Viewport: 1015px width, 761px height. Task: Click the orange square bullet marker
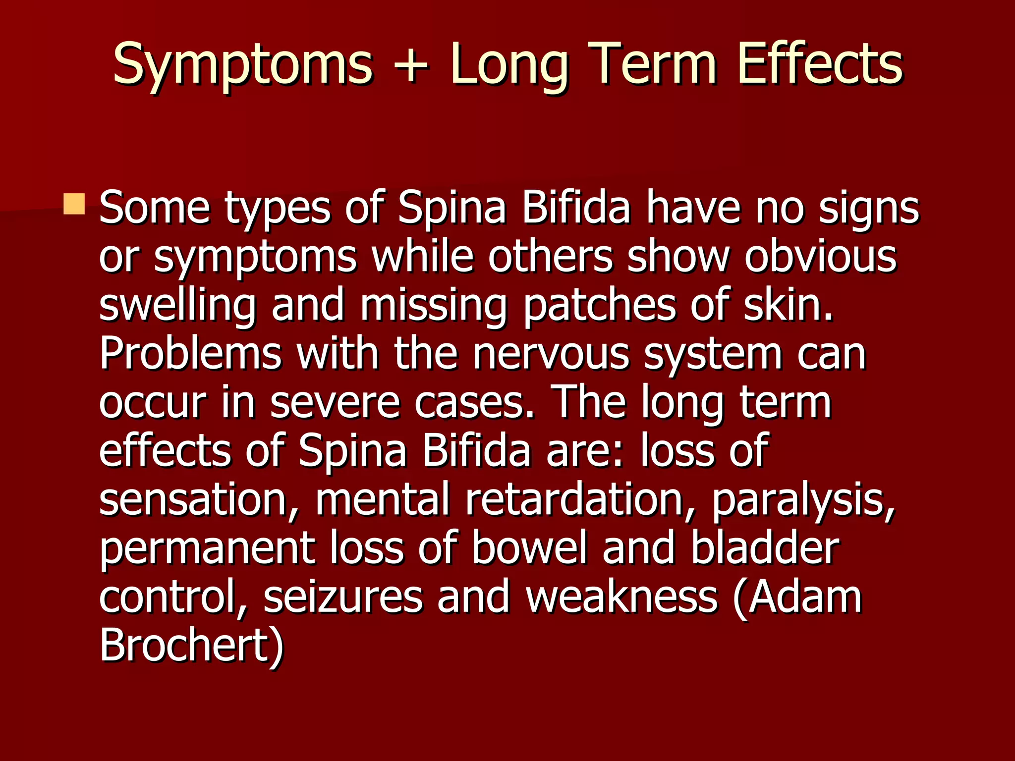point(74,204)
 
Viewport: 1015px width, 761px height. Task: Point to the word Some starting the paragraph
point(155,208)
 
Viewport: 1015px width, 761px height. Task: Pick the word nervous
point(550,354)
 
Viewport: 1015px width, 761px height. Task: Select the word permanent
point(207,549)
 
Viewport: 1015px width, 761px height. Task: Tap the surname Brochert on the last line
point(191,645)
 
